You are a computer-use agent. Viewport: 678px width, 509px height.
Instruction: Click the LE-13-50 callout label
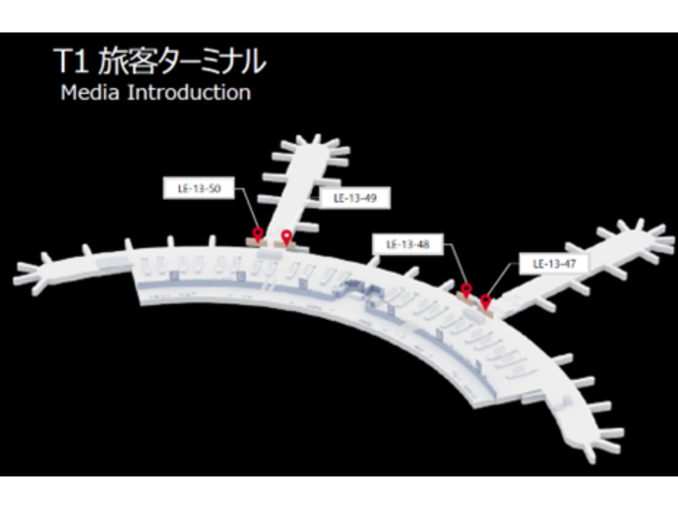pos(199,188)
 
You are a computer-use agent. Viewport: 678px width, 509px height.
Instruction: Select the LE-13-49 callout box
pos(355,198)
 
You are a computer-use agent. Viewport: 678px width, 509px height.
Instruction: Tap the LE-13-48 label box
pos(408,244)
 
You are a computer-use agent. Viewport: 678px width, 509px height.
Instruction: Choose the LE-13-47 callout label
pos(554,264)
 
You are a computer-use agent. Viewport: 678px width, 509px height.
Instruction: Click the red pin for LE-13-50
pos(257,234)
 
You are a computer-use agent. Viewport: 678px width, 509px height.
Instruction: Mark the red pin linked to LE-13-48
pos(466,289)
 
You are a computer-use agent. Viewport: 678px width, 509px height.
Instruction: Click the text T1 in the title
pos(71,62)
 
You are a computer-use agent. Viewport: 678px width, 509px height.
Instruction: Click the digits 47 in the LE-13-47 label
pos(570,264)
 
